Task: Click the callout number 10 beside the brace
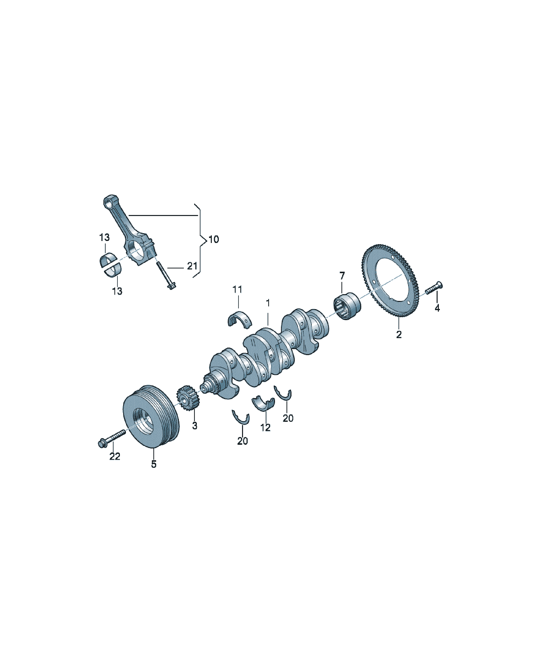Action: coord(214,239)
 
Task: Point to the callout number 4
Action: coord(437,308)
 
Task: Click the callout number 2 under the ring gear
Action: coord(399,334)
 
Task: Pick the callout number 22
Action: coord(115,456)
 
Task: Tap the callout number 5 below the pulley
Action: coord(154,464)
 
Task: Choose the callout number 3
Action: coord(195,426)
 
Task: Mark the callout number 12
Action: coord(266,428)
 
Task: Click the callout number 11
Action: coord(237,289)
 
